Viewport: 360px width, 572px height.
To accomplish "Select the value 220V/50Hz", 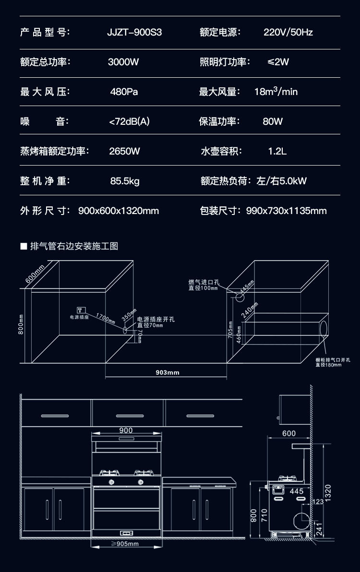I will [288, 33].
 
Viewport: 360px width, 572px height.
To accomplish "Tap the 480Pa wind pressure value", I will [124, 92].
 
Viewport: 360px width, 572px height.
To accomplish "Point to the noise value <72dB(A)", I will [130, 121].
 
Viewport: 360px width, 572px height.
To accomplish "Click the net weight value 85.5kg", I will [125, 181].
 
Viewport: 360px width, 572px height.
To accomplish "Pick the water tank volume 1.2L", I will [277, 151].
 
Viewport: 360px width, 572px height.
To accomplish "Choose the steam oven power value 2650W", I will [125, 151].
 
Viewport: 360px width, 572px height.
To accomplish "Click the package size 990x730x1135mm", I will [286, 211].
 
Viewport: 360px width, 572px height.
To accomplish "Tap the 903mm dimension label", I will [168, 372].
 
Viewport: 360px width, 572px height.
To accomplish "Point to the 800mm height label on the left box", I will [21, 325].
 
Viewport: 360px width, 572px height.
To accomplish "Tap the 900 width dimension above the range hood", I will [126, 430].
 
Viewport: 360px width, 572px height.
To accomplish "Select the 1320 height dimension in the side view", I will [328, 493].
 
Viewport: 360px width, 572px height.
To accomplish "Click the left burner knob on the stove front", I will [111, 481].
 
